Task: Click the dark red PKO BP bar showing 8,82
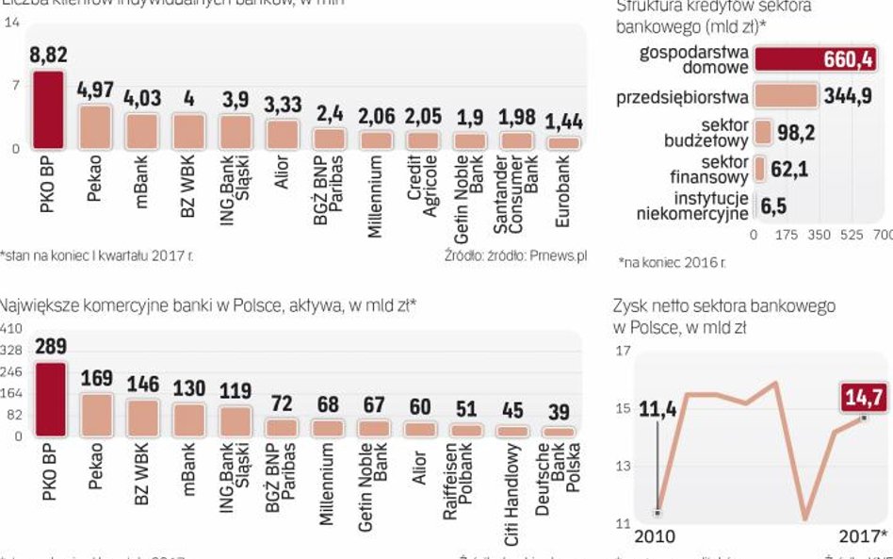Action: click(x=48, y=109)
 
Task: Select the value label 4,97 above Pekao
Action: click(x=94, y=90)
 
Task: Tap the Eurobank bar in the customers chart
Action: click(x=564, y=142)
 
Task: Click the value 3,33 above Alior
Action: click(x=283, y=105)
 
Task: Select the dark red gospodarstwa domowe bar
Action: click(x=815, y=59)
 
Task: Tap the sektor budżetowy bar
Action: click(x=763, y=132)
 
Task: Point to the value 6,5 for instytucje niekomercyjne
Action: click(x=774, y=206)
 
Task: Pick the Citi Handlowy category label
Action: click(x=512, y=479)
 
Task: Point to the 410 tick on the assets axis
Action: click(x=11, y=328)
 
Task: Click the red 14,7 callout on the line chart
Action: click(x=863, y=398)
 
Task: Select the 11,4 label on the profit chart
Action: click(x=658, y=409)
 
